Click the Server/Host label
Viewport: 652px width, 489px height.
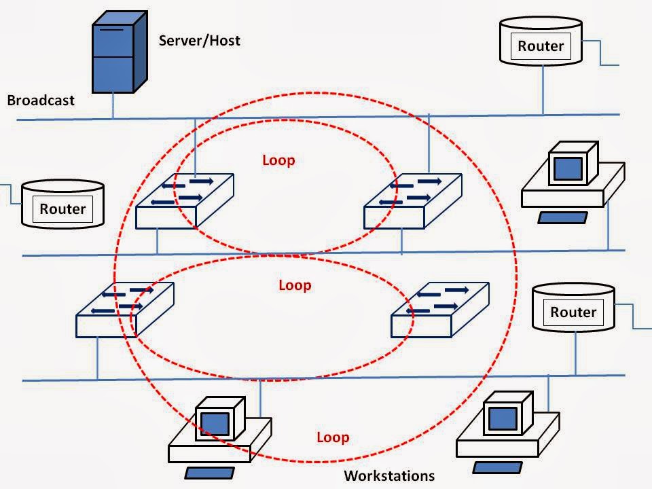click(x=199, y=40)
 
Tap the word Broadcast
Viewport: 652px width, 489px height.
click(x=40, y=101)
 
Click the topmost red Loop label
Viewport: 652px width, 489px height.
click(x=278, y=160)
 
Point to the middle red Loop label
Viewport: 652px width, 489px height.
click(x=295, y=285)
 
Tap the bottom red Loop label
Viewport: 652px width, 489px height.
click(x=333, y=437)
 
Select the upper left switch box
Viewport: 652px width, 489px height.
click(x=184, y=201)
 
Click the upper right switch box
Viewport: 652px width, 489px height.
click(x=412, y=201)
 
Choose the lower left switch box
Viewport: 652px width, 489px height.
click(x=125, y=310)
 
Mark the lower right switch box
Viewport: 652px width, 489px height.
click(x=439, y=310)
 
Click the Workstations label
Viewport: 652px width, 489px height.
click(x=388, y=475)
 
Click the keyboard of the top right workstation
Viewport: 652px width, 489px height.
click(x=562, y=217)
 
